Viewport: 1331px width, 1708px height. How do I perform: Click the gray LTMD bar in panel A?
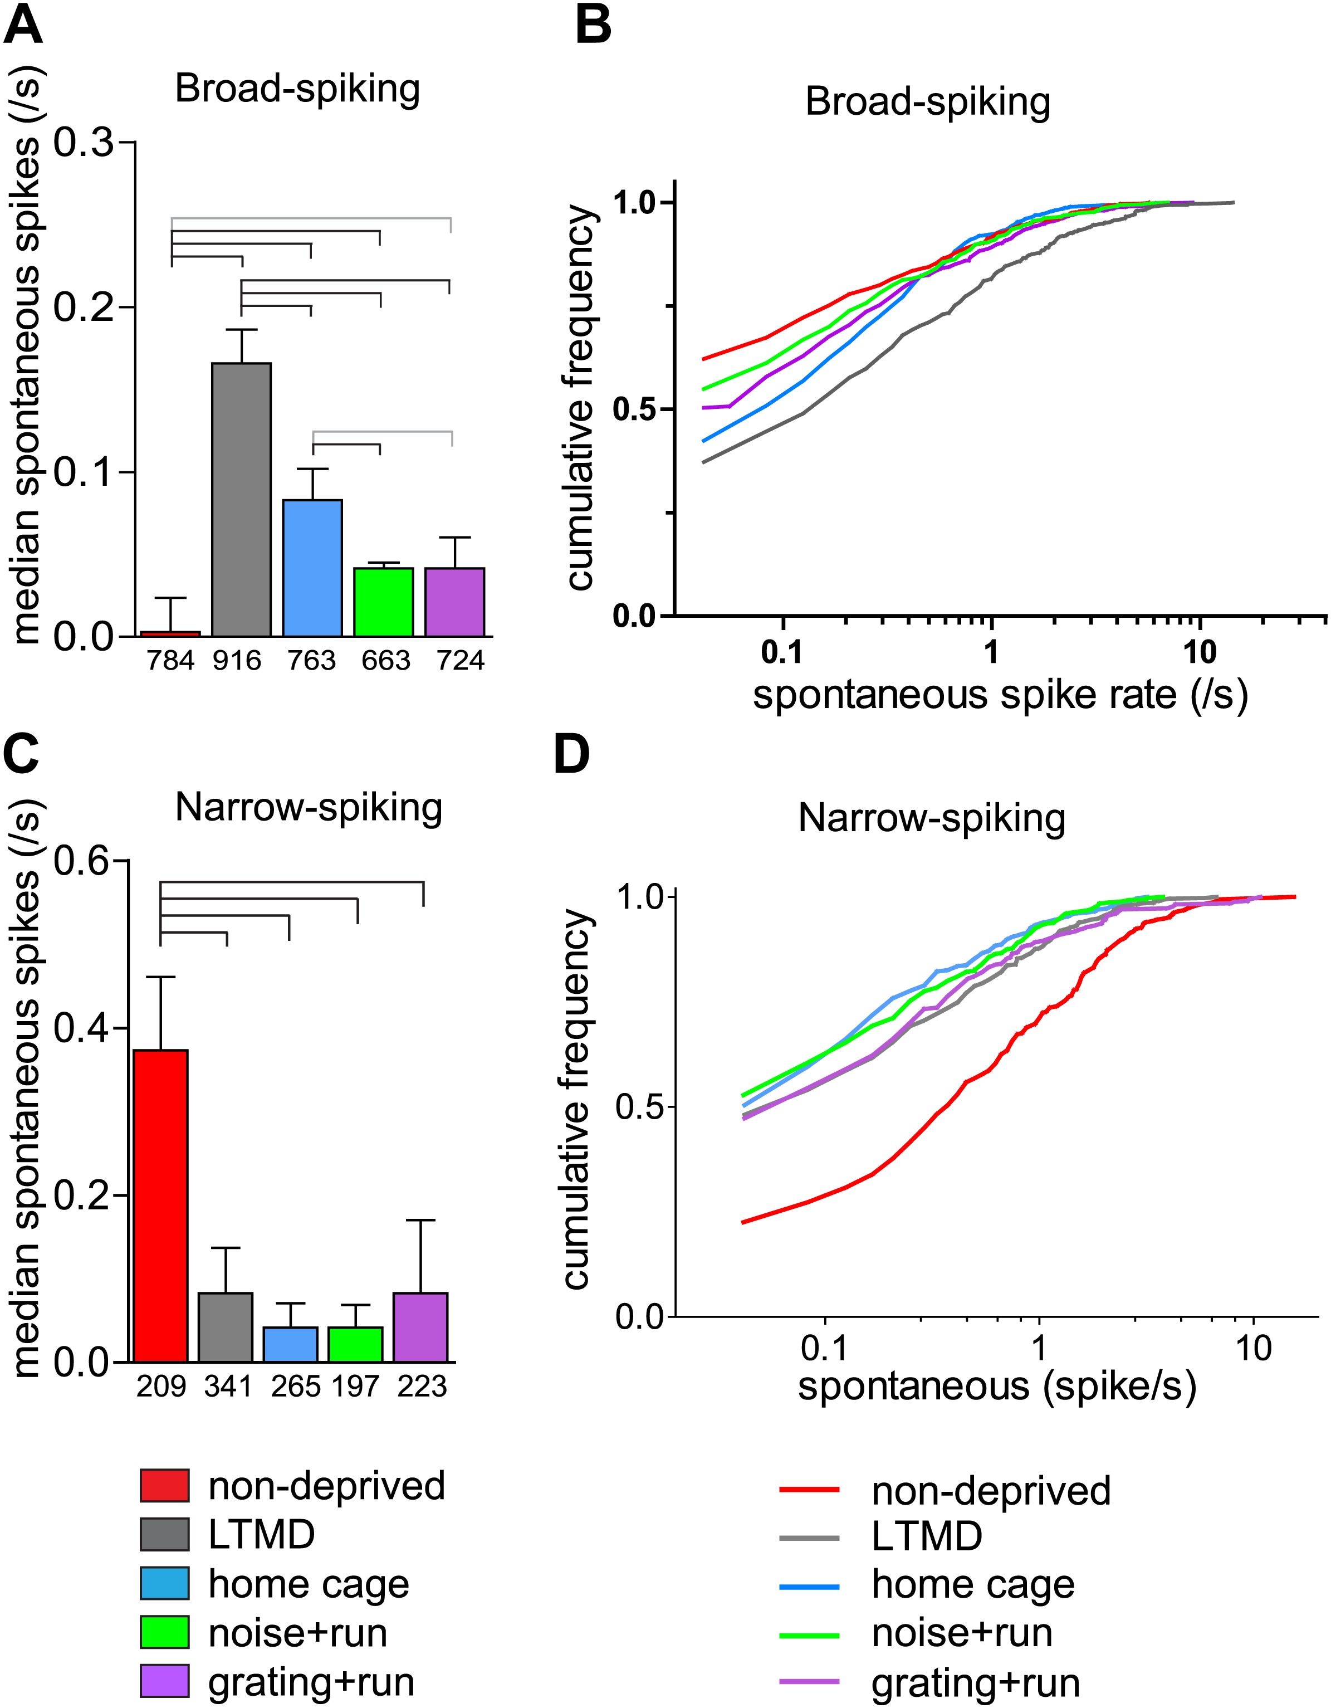[x=242, y=500]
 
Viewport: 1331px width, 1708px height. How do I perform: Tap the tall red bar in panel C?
[x=161, y=1205]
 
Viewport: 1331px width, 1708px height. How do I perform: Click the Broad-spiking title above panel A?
[x=297, y=89]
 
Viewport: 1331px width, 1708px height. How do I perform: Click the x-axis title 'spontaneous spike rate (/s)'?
[x=1000, y=695]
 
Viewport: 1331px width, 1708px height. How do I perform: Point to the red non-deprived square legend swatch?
[x=164, y=1486]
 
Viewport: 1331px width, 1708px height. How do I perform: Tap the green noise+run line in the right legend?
[x=809, y=1633]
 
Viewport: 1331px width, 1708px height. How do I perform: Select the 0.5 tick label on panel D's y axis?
[x=637, y=1108]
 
